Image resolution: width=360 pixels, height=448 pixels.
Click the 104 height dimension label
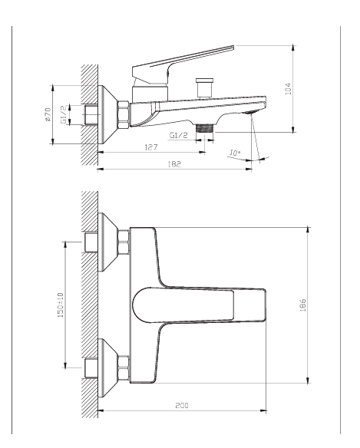tap(288, 88)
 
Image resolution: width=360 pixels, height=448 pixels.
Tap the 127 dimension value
tap(151, 147)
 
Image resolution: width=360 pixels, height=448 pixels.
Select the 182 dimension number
tap(174, 164)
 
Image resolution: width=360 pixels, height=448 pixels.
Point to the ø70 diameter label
tap(48, 114)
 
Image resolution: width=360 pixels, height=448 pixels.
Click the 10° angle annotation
tap(235, 153)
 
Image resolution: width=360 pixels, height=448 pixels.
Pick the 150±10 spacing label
tap(61, 305)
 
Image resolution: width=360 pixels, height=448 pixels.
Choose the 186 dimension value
tap(302, 305)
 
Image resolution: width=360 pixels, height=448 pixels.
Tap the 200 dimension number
tap(182, 405)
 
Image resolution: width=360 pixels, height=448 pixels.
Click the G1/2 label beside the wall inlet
tap(64, 114)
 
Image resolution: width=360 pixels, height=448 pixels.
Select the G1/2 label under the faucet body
tap(179, 135)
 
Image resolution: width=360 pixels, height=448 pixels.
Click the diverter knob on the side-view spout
tap(204, 87)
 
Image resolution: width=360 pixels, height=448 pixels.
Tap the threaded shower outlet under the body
tap(205, 128)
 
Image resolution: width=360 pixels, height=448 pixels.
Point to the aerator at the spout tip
tap(250, 112)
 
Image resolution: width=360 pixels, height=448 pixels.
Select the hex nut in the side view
tap(124, 114)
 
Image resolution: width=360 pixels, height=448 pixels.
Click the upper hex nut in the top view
tap(124, 242)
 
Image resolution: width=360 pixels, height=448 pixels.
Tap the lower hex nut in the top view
tap(124, 368)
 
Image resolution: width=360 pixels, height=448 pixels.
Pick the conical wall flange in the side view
tap(107, 114)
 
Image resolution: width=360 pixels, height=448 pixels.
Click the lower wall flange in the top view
tap(107, 368)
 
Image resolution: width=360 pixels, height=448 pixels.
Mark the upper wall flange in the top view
tap(107, 242)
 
